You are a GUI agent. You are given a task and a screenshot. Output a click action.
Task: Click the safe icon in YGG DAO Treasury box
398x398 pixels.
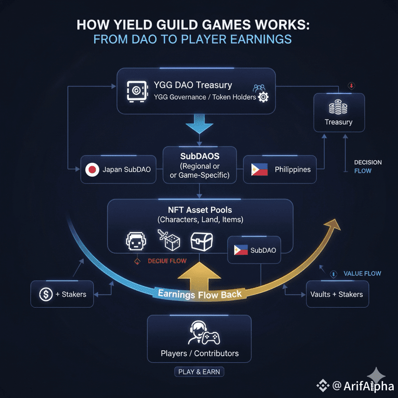[x=136, y=90]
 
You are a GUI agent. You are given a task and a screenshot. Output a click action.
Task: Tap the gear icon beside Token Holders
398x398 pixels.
[x=263, y=97]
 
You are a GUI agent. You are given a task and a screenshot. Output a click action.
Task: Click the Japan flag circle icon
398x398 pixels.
[x=91, y=170]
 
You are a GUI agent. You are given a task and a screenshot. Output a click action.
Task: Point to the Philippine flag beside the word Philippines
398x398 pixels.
[x=259, y=170]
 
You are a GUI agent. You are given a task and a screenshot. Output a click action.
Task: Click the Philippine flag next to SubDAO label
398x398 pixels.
[x=240, y=250]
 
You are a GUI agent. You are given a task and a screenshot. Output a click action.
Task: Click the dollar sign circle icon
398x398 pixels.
[x=46, y=294]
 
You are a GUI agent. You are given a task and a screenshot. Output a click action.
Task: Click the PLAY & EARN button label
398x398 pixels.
[x=199, y=372]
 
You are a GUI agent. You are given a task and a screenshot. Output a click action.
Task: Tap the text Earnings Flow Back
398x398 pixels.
[x=200, y=293]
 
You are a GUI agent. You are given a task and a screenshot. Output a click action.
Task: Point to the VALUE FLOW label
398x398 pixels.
[x=362, y=274]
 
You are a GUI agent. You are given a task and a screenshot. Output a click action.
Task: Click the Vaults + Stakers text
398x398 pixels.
[x=337, y=294]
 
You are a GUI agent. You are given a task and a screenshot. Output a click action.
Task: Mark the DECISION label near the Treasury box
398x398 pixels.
[x=368, y=162]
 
